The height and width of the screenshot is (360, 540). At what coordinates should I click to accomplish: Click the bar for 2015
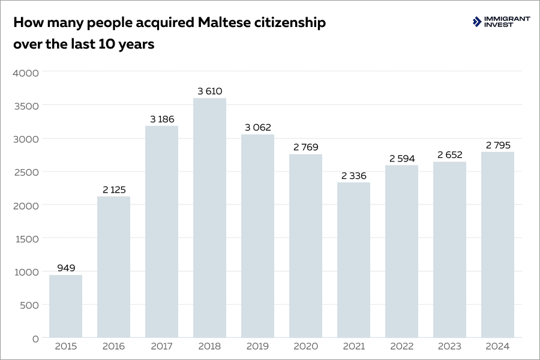(x=65, y=306)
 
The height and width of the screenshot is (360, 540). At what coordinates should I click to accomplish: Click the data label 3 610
(x=209, y=91)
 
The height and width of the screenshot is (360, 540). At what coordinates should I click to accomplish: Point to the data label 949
(x=66, y=268)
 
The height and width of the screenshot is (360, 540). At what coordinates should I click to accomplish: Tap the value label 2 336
(x=353, y=176)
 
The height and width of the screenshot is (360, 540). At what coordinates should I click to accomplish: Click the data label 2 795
(x=497, y=145)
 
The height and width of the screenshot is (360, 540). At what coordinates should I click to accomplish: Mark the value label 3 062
(x=257, y=128)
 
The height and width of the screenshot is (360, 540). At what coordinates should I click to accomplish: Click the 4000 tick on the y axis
(x=26, y=73)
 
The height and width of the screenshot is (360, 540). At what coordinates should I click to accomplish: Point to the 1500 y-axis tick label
(x=26, y=239)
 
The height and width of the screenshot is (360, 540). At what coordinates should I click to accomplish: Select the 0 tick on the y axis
(x=35, y=338)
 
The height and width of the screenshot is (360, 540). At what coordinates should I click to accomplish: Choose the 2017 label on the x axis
(x=161, y=347)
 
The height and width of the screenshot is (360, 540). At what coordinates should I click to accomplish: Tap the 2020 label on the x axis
(x=305, y=347)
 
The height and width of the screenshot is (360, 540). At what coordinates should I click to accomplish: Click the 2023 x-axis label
(x=449, y=347)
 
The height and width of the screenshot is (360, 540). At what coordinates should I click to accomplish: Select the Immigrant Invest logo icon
(x=477, y=22)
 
